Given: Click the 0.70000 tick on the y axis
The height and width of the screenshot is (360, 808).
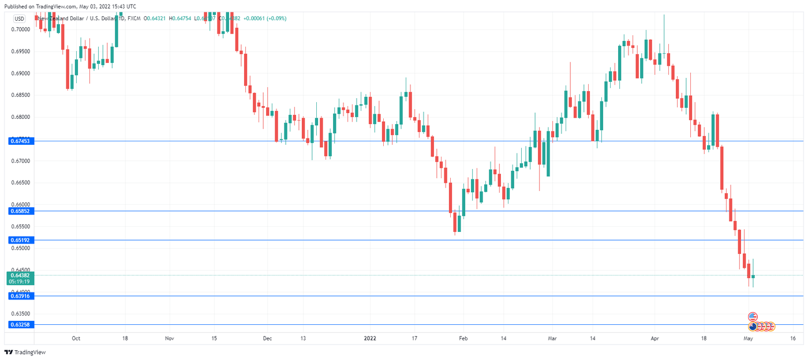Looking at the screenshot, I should click(x=21, y=29).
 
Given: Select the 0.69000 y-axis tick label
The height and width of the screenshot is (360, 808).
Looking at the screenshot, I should click(x=21, y=73).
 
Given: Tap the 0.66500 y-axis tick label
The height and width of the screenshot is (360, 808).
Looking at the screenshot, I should click(x=21, y=182).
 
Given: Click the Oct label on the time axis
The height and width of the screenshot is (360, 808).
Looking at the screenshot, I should click(x=76, y=339).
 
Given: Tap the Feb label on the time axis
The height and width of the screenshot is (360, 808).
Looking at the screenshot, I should click(x=463, y=339).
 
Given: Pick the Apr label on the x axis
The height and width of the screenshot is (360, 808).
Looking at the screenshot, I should click(x=654, y=339).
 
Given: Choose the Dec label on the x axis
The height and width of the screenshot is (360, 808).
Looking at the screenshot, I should click(x=267, y=339).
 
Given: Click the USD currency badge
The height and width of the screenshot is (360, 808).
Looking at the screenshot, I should click(x=19, y=18).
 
